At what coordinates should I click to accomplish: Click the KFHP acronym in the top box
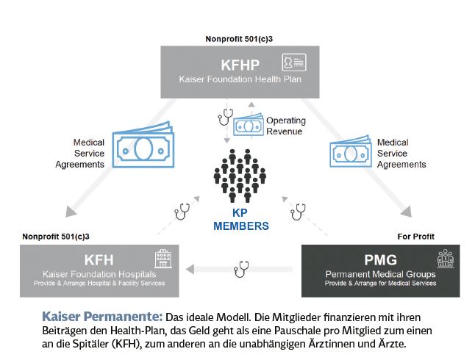point(240,65)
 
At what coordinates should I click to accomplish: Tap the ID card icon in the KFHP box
point(294,62)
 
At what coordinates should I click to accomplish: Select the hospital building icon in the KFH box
point(163,259)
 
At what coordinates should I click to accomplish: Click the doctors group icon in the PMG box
point(446,259)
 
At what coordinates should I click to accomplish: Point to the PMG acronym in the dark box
point(380,260)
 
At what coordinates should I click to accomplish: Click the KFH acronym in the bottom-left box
point(99,260)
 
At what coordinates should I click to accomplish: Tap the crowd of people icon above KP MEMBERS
point(240,176)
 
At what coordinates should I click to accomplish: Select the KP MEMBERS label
point(241,220)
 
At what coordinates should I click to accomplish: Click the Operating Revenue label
point(286,126)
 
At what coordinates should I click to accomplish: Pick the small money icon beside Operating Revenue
point(248,125)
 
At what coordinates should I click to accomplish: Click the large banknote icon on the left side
point(143,145)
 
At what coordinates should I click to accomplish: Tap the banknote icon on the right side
point(351,151)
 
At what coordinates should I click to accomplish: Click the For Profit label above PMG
point(415,237)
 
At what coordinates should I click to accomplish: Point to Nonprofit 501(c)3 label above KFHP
point(239,39)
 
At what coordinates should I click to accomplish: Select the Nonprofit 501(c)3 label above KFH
point(56,237)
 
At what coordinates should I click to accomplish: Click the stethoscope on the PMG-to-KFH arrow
point(241,269)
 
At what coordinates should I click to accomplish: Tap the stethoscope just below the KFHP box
point(226,117)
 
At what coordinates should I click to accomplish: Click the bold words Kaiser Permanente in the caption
point(102,317)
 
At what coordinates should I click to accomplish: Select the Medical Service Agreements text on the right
point(401,154)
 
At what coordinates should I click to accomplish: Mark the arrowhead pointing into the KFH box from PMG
point(190,269)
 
